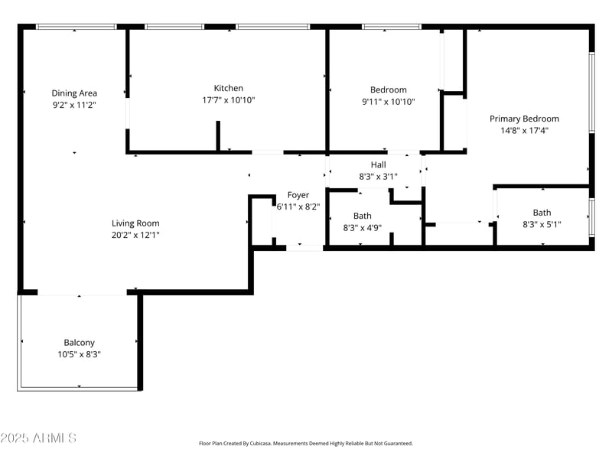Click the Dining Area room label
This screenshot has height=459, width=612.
coord(74,93)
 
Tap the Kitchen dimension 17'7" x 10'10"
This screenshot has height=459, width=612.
coord(228,100)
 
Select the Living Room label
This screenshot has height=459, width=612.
coord(135,223)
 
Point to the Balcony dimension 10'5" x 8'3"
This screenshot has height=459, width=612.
coord(79,355)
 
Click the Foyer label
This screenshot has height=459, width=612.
coord(298,195)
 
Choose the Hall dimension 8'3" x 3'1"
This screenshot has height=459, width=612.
coord(378,176)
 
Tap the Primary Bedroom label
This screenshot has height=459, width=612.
coord(524,119)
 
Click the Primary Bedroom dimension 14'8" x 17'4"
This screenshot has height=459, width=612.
coord(524,131)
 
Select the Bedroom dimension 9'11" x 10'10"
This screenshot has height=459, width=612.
coord(388,101)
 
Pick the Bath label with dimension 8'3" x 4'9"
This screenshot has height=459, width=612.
coord(362,216)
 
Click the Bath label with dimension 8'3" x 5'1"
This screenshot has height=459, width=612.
coord(542,213)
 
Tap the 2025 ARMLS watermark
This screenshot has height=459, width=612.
coord(38,438)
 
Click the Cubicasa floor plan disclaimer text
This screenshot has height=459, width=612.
coord(305,443)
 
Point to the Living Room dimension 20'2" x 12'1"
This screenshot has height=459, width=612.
coord(135,236)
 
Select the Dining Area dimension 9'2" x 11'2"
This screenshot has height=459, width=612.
coord(74,105)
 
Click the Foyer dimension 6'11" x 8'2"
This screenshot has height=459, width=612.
coord(298,207)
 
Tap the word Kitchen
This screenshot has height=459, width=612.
coord(228,88)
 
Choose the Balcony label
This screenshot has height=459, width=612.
coord(79,343)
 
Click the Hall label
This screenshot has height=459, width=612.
coord(378,164)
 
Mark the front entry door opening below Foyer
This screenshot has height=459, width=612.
coord(304,247)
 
